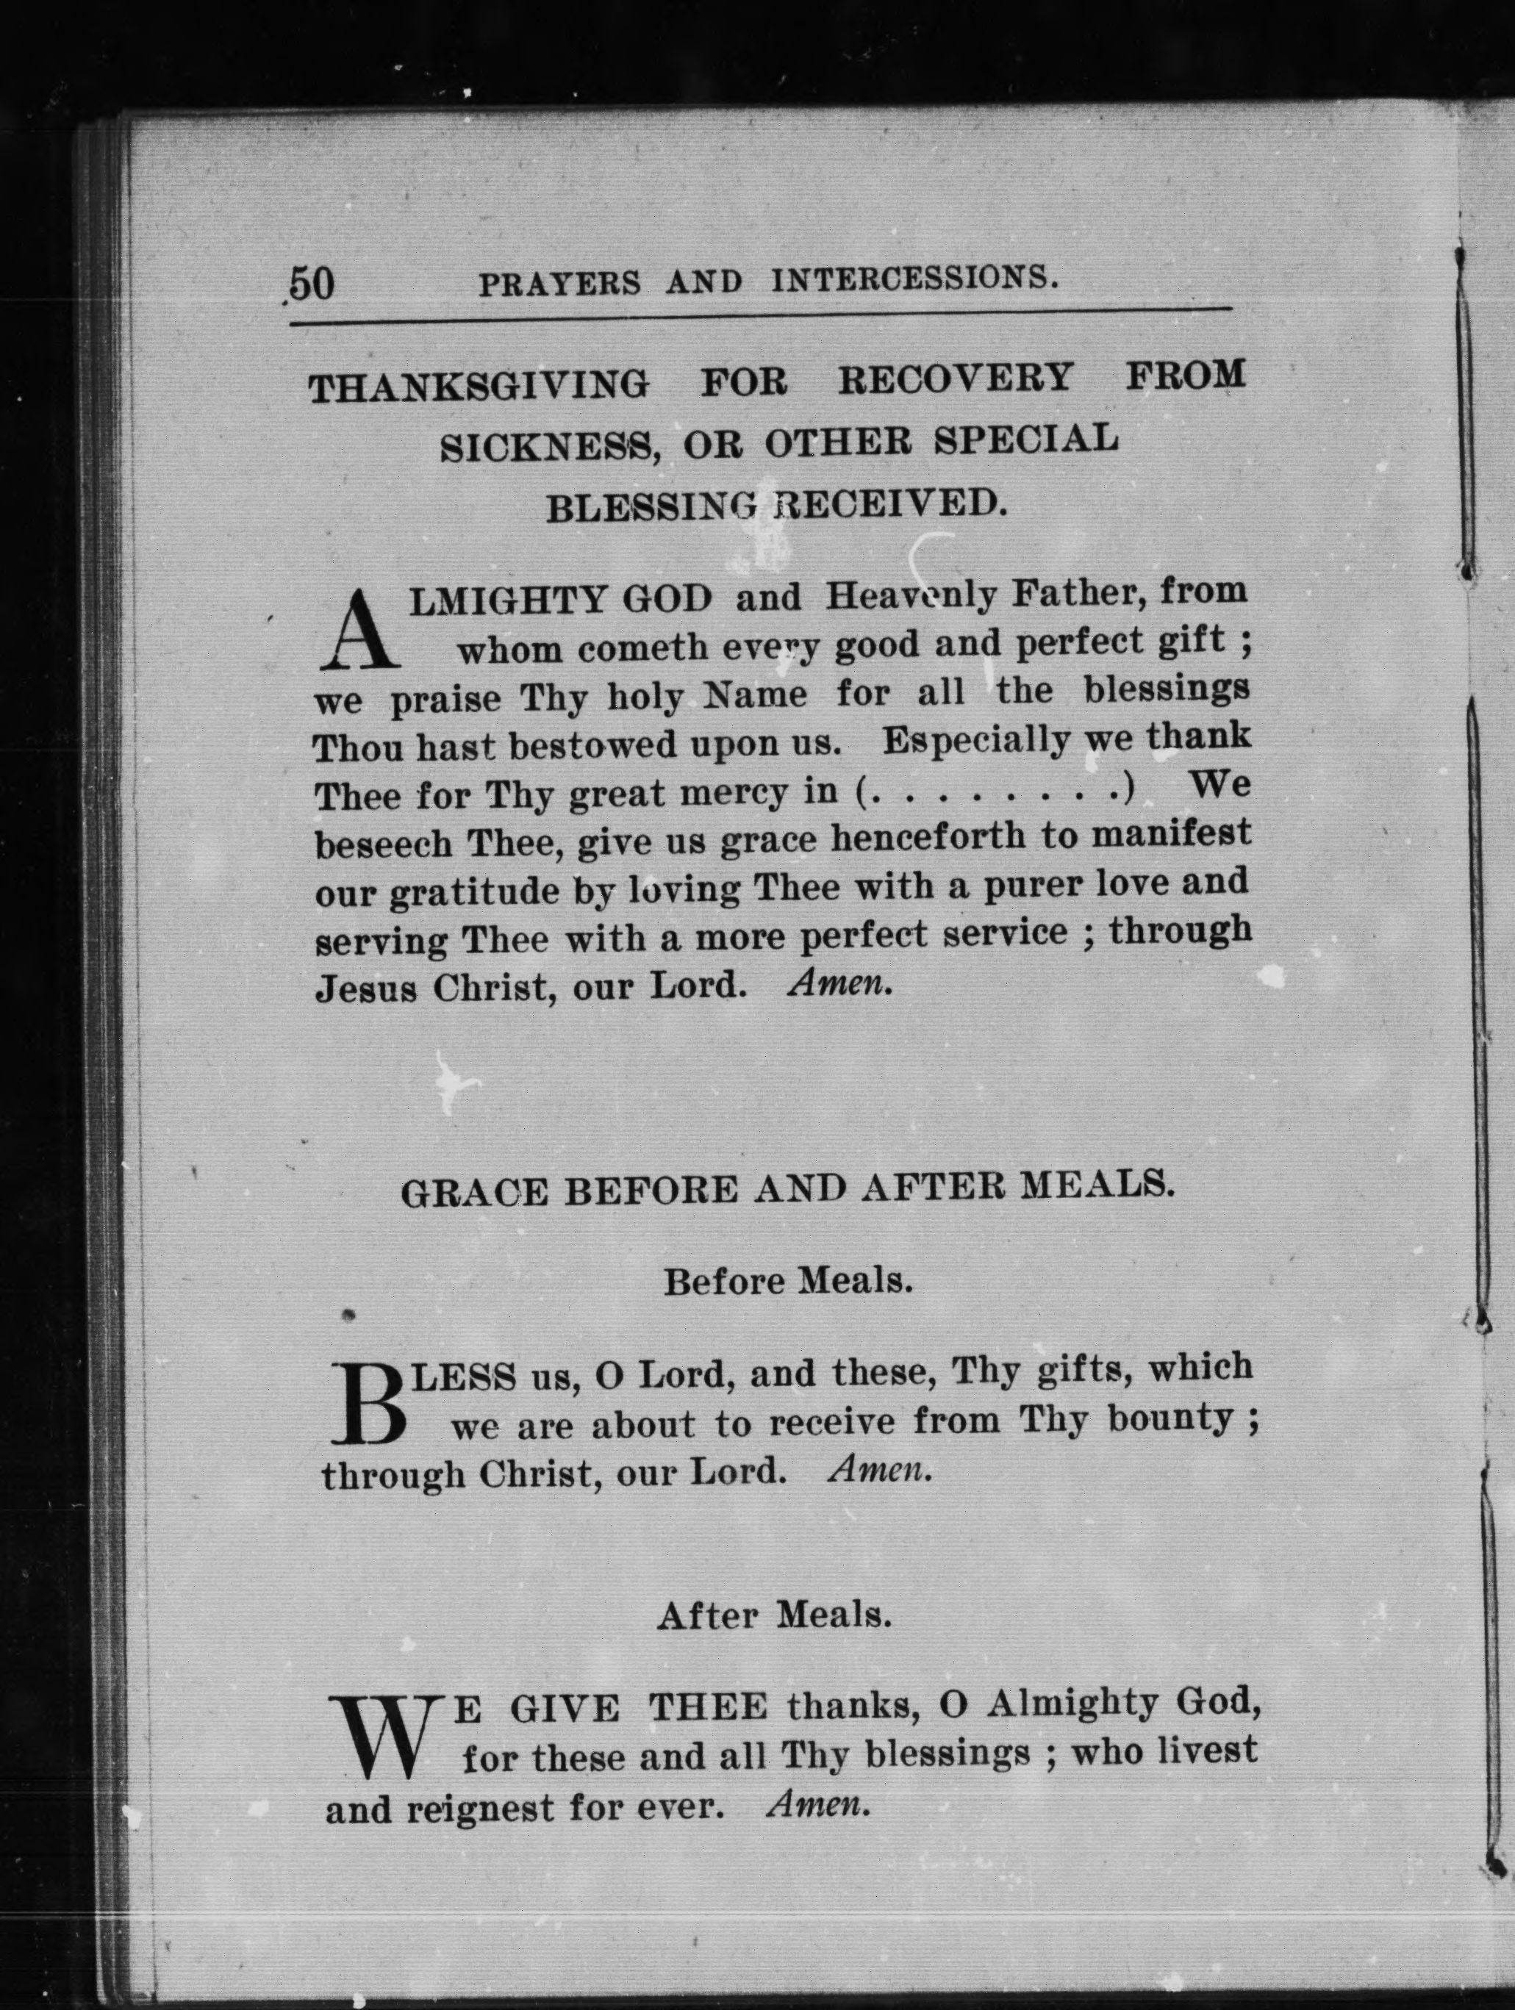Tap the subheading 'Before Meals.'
787,1281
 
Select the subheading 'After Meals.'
773,1615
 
